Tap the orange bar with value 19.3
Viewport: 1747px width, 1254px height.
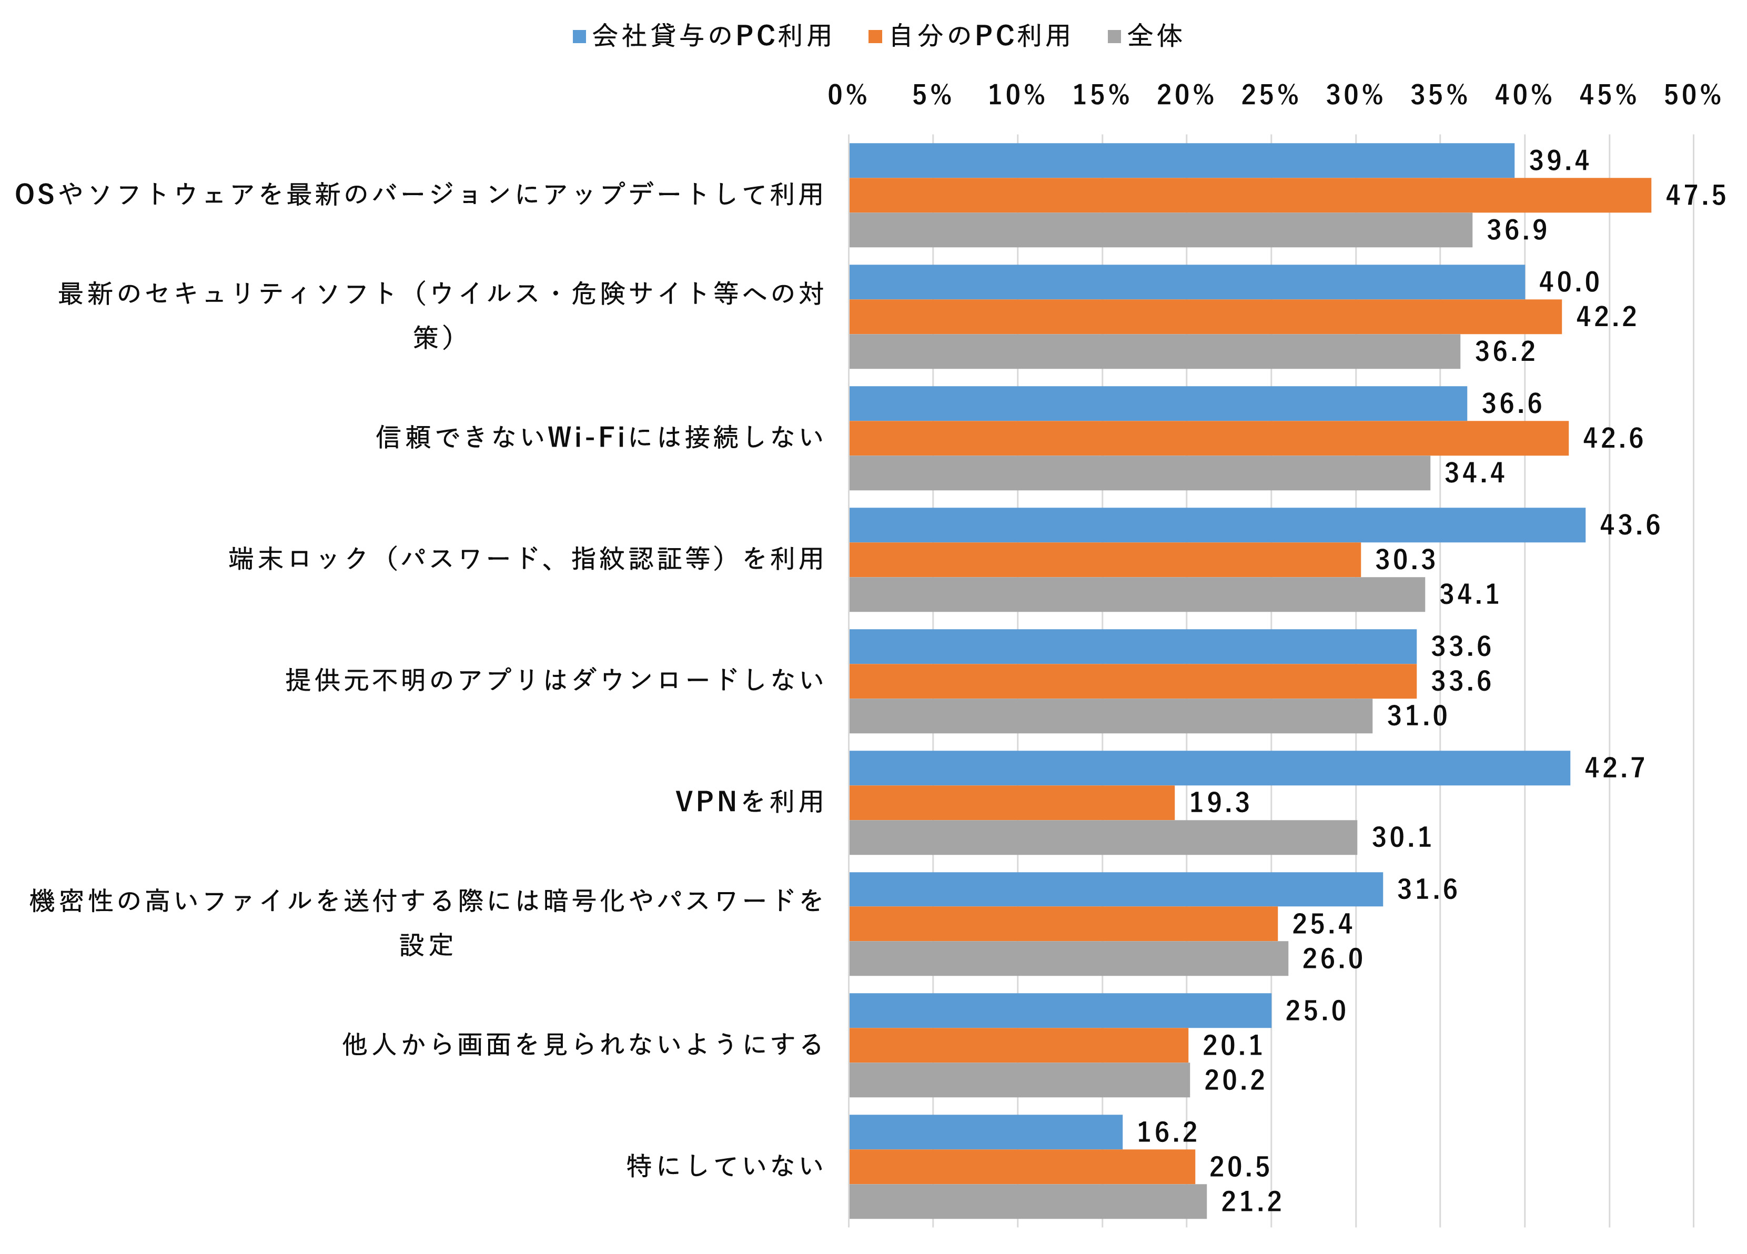(1012, 803)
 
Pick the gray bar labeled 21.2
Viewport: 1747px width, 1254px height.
(1027, 1201)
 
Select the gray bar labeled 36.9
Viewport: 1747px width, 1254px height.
(1160, 229)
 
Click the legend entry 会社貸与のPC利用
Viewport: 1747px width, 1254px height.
(702, 35)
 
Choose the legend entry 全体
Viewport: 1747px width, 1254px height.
(1145, 35)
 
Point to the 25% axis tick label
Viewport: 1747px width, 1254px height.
(1269, 96)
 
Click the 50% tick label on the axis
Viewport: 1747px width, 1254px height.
(1692, 96)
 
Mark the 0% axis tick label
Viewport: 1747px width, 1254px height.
(847, 96)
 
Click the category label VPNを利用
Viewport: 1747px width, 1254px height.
(750, 802)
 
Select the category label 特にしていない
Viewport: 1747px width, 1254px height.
(725, 1166)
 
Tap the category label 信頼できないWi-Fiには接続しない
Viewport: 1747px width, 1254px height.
(599, 438)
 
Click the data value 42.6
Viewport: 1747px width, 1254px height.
(1613, 438)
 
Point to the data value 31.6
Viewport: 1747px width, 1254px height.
(1427, 889)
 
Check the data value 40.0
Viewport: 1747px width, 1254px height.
(1569, 282)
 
